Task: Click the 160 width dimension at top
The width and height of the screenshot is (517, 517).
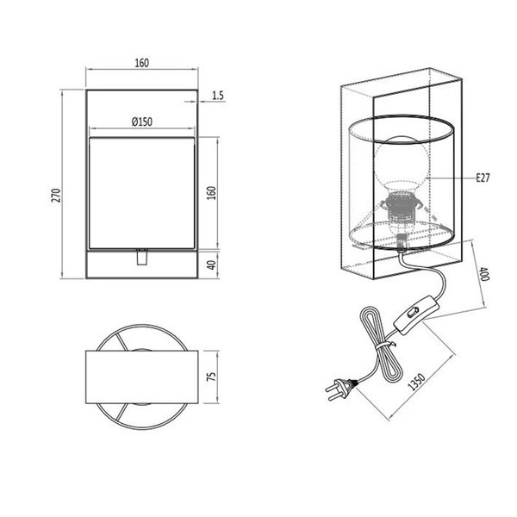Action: [x=142, y=62]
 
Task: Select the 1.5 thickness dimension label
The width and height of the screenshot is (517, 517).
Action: [x=217, y=96]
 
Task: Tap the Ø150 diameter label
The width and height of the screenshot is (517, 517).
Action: [x=142, y=122]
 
